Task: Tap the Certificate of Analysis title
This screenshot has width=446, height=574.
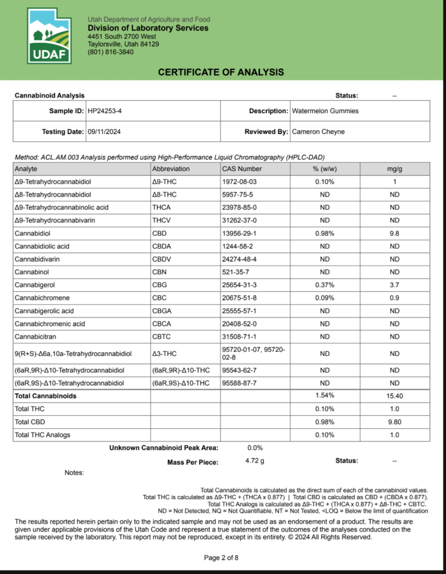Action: point(221,72)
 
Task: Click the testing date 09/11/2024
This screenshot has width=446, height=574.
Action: point(104,132)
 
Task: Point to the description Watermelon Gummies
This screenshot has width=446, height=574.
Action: point(325,111)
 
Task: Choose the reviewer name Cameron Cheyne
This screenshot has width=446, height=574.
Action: point(318,132)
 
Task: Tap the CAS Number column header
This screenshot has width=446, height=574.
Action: point(242,169)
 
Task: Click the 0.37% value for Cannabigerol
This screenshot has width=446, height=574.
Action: point(324,285)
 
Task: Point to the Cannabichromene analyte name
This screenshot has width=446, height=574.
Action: point(42,298)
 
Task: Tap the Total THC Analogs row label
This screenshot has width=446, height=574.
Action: point(42,435)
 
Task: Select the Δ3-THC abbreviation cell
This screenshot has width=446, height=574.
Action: point(164,354)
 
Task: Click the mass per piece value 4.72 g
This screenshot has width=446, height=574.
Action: point(255,461)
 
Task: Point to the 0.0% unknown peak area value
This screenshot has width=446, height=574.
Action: point(255,448)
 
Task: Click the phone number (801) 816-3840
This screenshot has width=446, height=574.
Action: point(111,52)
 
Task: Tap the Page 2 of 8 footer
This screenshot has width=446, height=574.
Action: point(221,558)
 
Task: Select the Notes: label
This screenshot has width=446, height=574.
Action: point(74,473)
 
